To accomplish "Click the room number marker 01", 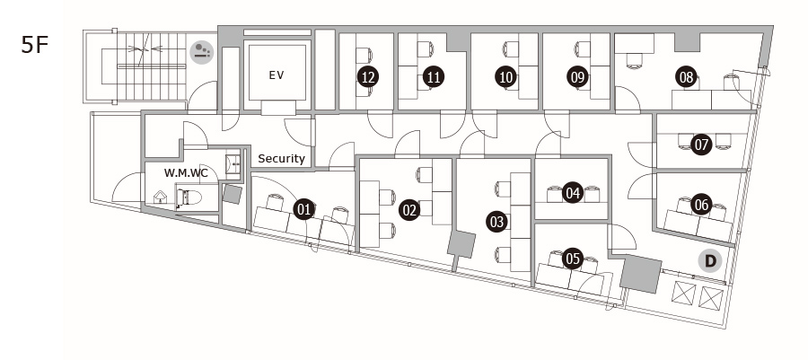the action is point(304,209).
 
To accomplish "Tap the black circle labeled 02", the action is point(409,210).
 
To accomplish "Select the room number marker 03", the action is point(497,222).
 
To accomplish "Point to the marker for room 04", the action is point(573,193).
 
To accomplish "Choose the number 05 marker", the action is point(573,259).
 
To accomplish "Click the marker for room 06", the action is point(701,205).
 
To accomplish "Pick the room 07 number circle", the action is point(701,145).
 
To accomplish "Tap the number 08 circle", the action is point(687,77).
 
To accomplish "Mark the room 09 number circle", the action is point(578,77).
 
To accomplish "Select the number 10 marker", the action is point(506,77).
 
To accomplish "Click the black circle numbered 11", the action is point(434,77).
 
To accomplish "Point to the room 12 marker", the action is point(368,77).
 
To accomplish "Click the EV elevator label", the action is point(277,75).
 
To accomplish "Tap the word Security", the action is point(281,159).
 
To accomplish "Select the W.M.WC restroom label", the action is point(186,173).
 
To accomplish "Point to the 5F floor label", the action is point(34,45).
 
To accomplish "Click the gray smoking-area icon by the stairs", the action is point(202,53).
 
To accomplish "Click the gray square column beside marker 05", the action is point(640,274).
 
